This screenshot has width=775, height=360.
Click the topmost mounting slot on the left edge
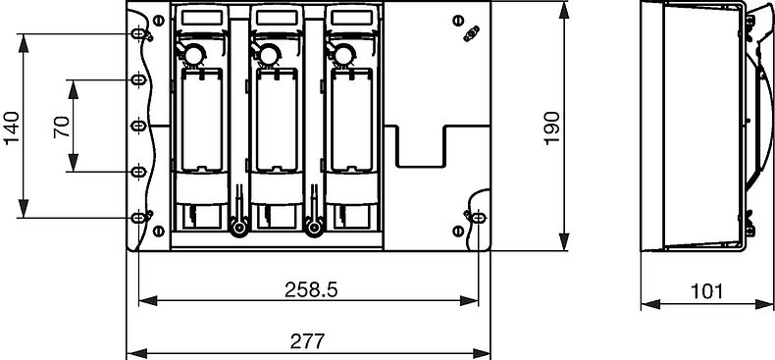138,34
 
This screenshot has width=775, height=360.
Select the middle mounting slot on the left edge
138,126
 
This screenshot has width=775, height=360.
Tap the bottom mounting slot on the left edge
138,217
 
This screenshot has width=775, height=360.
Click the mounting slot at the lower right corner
478,217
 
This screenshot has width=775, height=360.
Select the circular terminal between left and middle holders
237,230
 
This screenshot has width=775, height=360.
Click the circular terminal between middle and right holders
314,230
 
